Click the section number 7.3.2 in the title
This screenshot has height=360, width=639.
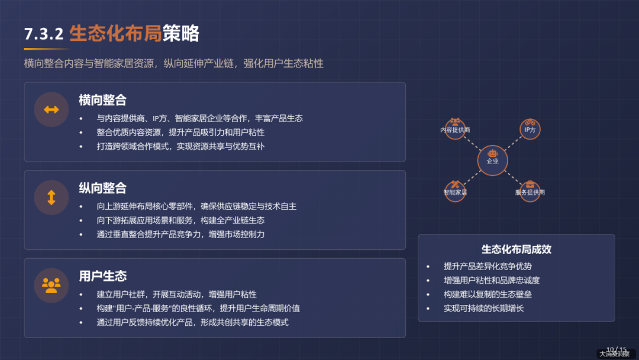pos(43,34)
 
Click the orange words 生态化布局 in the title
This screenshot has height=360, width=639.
pos(116,33)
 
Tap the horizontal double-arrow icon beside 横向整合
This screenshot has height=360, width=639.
pos(51,110)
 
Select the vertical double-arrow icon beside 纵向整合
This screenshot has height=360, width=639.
pos(51,197)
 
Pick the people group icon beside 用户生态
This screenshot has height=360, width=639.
pos(51,285)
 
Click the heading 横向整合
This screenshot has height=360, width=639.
pos(102,100)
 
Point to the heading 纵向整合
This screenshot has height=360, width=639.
pos(102,188)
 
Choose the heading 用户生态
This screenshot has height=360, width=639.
pos(102,276)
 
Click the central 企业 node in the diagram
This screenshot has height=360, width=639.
pos(492,160)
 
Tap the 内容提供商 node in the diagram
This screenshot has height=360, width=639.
pos(455,129)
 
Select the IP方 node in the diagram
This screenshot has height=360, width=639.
pos(530,129)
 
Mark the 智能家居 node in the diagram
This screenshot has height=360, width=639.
pos(455,191)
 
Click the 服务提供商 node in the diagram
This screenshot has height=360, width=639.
pos(530,191)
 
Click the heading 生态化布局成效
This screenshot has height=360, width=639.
pos(516,249)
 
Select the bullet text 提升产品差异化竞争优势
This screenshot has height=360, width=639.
pos(488,266)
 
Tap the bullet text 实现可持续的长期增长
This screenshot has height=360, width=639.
pos(483,308)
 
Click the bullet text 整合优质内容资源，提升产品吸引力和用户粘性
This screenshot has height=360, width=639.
pos(180,132)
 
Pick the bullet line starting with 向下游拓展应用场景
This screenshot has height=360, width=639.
pos(180,220)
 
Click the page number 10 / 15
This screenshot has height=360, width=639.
pos(616,349)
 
